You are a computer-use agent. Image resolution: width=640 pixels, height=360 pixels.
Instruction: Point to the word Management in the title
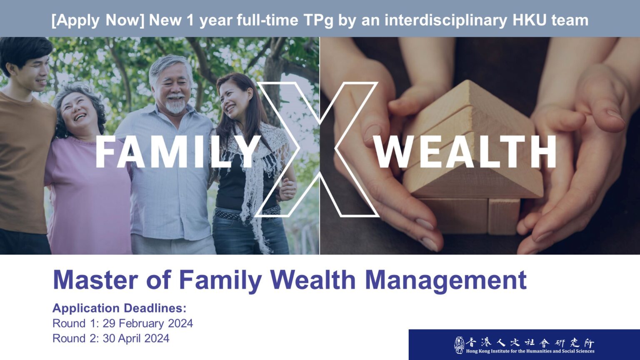tap(446, 280)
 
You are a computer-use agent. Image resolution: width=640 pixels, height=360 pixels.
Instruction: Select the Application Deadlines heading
tap(120, 308)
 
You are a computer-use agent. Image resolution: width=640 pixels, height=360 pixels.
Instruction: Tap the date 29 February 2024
tap(148, 323)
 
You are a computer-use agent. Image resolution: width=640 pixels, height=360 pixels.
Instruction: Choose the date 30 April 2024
tap(136, 339)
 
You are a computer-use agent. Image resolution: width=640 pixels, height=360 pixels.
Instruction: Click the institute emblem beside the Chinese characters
tap(459, 345)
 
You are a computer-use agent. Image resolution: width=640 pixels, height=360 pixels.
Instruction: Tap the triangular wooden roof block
tap(471, 140)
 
